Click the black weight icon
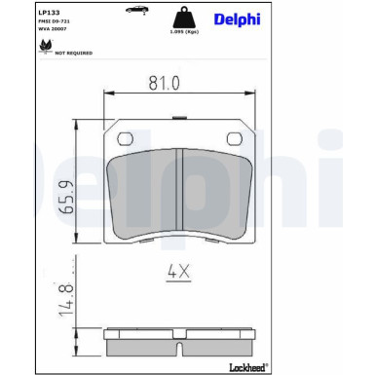[x=177, y=19]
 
